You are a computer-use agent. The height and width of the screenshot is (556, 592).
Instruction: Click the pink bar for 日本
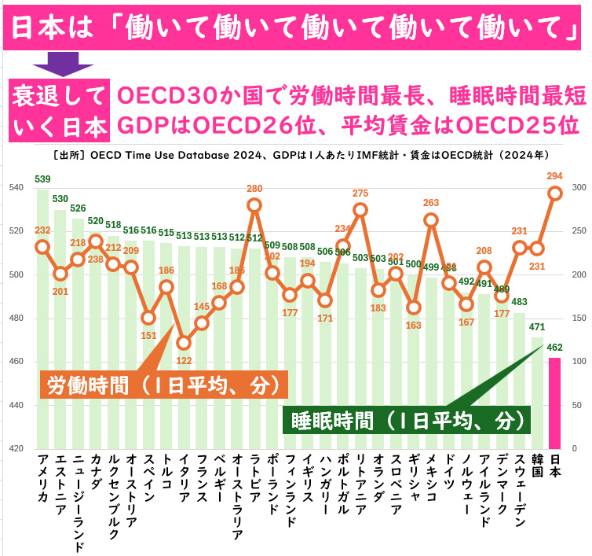click(555, 403)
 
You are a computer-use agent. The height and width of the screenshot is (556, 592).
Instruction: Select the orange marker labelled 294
click(555, 193)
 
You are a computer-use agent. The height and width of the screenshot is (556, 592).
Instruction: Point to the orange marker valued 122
click(184, 343)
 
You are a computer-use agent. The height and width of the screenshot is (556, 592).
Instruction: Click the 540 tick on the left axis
click(16, 187)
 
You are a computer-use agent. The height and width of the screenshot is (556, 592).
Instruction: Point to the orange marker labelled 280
click(254, 205)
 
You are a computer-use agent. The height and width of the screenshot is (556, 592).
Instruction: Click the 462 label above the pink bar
click(555, 346)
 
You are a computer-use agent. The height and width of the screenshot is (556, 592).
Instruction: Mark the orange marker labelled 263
click(431, 219)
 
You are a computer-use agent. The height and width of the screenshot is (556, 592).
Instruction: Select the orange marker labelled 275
click(360, 209)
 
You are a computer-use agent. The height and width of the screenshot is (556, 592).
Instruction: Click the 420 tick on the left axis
click(16, 448)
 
